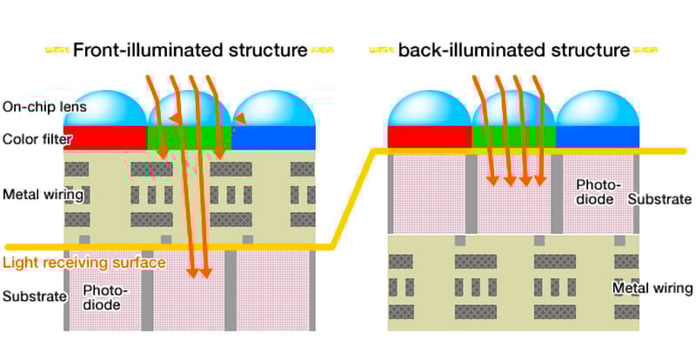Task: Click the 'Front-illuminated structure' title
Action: coord(190,50)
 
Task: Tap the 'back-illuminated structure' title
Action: coord(513,50)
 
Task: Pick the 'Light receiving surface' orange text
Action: coord(84,263)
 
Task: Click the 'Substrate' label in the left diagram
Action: coord(35,296)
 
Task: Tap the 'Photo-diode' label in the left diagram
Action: coord(104,297)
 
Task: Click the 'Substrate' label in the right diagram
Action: coord(659,199)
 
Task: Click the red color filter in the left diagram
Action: coord(104,137)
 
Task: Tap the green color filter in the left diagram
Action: coord(190,137)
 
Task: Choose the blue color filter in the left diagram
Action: coord(273,137)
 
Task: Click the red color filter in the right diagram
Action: coord(428,137)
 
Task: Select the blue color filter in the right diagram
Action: coord(597,137)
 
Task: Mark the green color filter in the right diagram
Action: coord(513,137)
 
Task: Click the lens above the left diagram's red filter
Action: coord(105,109)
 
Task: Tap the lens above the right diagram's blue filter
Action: coord(597,109)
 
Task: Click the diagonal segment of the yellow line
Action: coord(354,198)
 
